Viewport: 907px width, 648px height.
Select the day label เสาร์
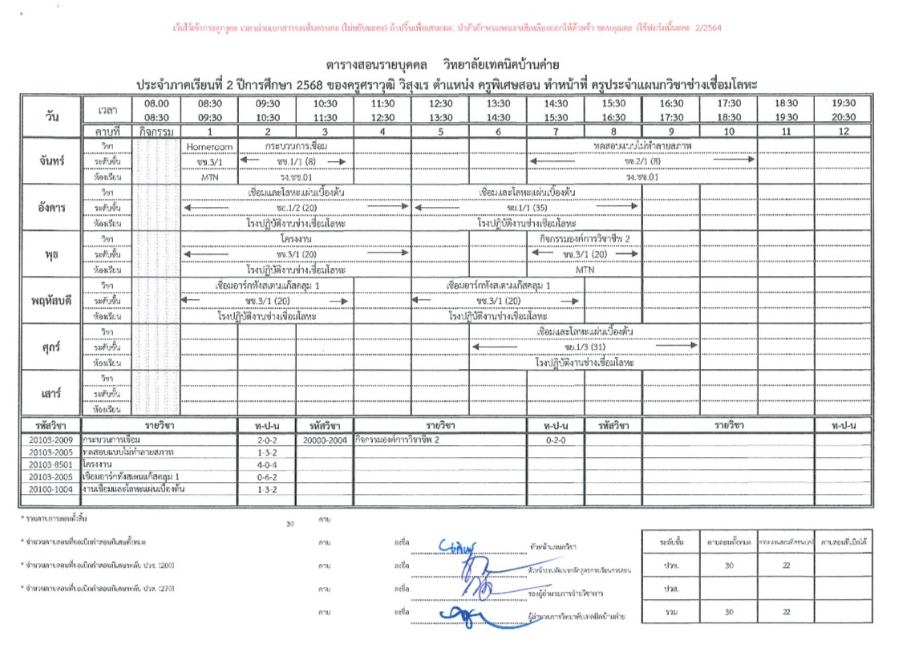click(x=51, y=393)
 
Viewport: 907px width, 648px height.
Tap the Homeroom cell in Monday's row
click(x=209, y=147)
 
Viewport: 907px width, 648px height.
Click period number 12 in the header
click(x=843, y=131)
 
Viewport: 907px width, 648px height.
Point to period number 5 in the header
click(x=440, y=131)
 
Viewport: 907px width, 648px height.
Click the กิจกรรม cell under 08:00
click(x=156, y=131)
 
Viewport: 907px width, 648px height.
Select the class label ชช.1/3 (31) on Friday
click(x=585, y=346)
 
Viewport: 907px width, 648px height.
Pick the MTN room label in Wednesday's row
click(x=585, y=270)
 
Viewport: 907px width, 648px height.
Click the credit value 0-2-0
click(x=555, y=440)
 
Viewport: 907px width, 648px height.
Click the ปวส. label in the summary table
click(x=662, y=588)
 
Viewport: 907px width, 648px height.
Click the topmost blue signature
click(x=459, y=546)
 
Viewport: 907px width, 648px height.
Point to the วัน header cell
click(x=51, y=116)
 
